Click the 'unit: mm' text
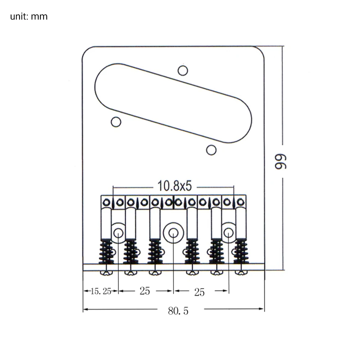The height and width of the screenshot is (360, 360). click(29, 17)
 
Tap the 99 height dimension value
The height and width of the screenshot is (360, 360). click(280, 162)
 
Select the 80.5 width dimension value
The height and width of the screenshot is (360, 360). click(178, 311)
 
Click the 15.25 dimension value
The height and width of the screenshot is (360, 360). click(101, 291)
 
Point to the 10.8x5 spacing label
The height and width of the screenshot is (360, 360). click(175, 186)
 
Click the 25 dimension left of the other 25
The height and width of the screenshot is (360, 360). click(145, 291)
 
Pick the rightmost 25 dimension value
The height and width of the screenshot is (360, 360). click(199, 292)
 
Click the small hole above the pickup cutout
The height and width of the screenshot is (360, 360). click(183, 71)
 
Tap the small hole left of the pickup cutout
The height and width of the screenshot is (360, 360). click(116, 122)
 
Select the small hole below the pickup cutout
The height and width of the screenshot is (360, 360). click(211, 150)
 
